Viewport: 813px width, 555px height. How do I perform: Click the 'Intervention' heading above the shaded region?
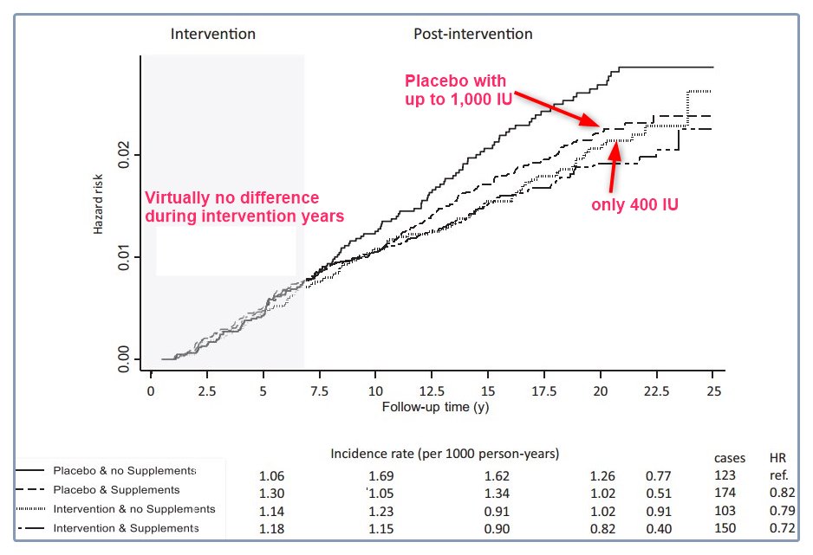pyautogui.click(x=213, y=35)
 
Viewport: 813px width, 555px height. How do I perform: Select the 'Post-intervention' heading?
pyautogui.click(x=472, y=35)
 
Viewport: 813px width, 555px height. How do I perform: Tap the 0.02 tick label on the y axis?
pyautogui.click(x=124, y=154)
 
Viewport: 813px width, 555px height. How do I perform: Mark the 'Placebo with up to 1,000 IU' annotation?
pyautogui.click(x=456, y=89)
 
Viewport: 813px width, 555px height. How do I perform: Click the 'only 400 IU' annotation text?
pyautogui.click(x=634, y=204)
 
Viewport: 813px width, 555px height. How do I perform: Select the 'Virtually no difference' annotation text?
pyautogui.click(x=244, y=206)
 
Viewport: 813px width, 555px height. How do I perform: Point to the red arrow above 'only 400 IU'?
pyautogui.click(x=614, y=165)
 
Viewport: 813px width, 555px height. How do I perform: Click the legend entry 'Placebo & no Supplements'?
pyautogui.click(x=124, y=471)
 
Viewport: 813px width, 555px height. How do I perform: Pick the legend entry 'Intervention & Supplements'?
pyautogui.click(x=126, y=527)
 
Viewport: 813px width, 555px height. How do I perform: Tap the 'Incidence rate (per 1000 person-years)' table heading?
pyautogui.click(x=445, y=454)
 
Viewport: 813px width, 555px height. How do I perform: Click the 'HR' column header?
pyautogui.click(x=777, y=457)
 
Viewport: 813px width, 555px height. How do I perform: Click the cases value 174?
pyautogui.click(x=725, y=493)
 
